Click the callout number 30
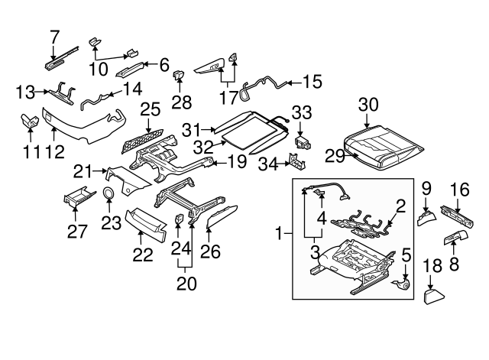coord(368,105)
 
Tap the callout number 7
coord(53,35)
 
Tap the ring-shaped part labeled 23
coord(109,194)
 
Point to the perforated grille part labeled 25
coord(145,141)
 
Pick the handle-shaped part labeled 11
coord(29,121)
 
